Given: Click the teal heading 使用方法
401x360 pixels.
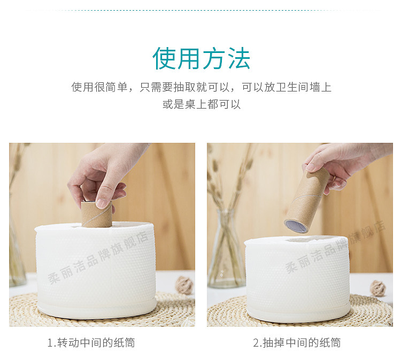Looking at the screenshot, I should [201, 58].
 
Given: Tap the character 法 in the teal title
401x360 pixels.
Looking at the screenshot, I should [238, 58].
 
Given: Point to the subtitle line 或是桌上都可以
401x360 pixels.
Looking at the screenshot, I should [201, 104].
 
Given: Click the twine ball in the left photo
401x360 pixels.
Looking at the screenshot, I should [184, 285].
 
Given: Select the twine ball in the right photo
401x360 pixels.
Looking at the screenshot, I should [377, 288].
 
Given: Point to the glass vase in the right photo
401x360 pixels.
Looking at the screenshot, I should [225, 251].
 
